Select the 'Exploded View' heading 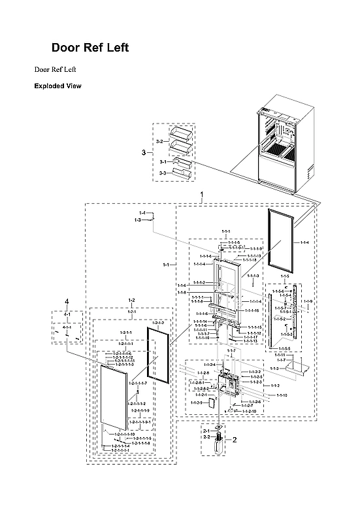58,86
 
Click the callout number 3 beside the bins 144,152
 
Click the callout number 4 66,301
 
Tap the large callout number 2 235,440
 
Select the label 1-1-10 282,395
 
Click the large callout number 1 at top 202,195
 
